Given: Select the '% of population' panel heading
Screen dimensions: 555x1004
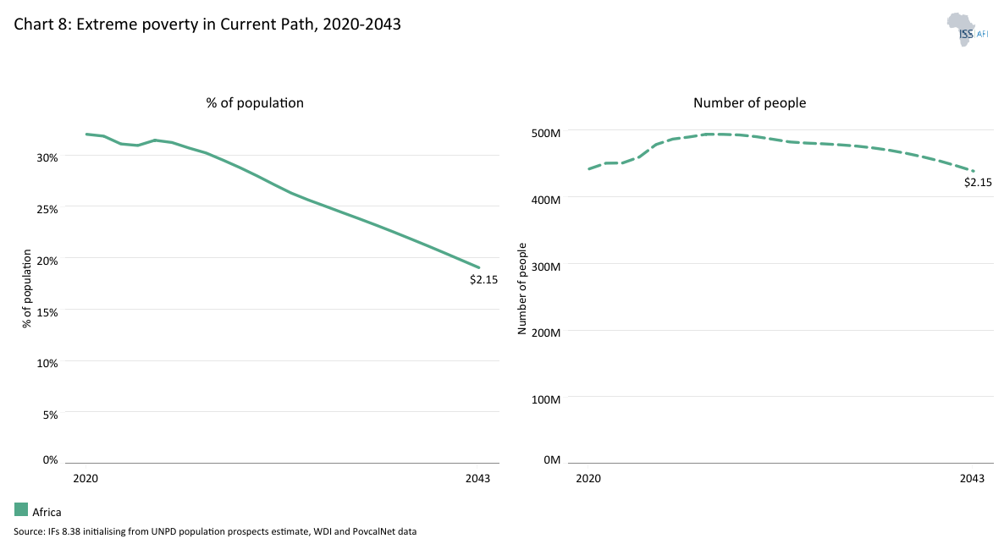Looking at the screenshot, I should coord(255,102).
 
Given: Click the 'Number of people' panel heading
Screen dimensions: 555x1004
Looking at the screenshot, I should coord(749,102).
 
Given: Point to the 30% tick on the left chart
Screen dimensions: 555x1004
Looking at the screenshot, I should coord(47,157).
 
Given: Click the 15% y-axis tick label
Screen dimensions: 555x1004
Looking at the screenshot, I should coord(47,312).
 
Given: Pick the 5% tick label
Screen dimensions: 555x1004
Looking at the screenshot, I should coord(50,415).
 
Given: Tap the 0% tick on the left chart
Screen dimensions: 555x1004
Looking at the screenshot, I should coord(50,460).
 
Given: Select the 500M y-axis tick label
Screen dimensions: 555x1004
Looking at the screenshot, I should coord(545,134).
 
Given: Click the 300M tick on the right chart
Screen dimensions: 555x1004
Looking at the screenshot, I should coord(545,267).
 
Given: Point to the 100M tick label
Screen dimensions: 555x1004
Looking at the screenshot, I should coord(545,398).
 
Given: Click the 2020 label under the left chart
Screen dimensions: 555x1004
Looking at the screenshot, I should coord(86,479).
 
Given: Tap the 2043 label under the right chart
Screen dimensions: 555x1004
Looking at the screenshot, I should coord(973,479).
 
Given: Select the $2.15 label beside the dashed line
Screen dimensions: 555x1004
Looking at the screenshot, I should coord(978,182).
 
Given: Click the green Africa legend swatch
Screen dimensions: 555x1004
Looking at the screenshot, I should coord(21,509).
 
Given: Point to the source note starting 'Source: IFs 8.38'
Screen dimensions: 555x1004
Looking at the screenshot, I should coord(215,532).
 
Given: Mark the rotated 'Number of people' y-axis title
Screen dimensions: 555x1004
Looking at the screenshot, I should coord(522,288).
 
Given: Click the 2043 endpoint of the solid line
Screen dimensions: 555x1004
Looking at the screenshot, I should coord(479,267).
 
